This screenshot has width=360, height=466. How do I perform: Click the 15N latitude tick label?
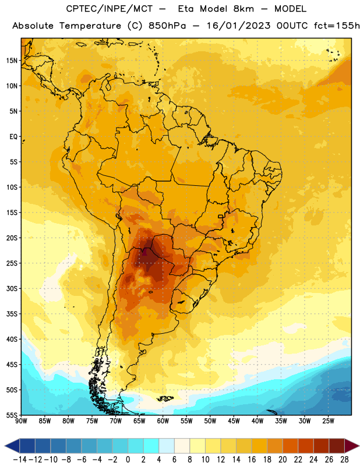pyautogui.click(x=12, y=61)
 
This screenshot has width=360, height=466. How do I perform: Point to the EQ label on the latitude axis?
pyautogui.click(x=13, y=137)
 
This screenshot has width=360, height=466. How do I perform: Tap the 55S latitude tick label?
pyautogui.click(x=12, y=415)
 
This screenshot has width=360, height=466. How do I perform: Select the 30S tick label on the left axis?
pyautogui.click(x=12, y=288)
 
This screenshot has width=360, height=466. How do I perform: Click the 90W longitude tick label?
pyautogui.click(x=22, y=421)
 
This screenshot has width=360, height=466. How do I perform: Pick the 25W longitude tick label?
pyautogui.click(x=329, y=421)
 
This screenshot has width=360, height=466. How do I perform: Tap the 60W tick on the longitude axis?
pyautogui.click(x=163, y=421)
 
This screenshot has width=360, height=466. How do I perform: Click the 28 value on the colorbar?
pyautogui.click(x=344, y=460)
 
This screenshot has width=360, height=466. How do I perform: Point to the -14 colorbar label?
pyautogui.click(x=20, y=460)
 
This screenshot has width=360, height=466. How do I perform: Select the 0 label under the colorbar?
pyautogui.click(x=128, y=460)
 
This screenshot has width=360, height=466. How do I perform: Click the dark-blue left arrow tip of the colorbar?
pyautogui.click(x=5, y=446)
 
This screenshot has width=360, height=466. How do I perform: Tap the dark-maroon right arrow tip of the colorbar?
pyautogui.click(x=358, y=446)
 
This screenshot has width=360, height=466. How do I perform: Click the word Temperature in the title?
pyautogui.click(x=90, y=26)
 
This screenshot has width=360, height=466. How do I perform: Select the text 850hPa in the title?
pyautogui.click(x=167, y=26)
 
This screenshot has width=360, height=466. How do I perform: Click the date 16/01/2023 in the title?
pyautogui.click(x=239, y=26)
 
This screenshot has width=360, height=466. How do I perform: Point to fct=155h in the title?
pyautogui.click(x=337, y=26)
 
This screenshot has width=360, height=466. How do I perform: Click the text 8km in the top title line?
pyautogui.click(x=243, y=9)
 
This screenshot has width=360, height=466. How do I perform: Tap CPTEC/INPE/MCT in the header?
pyautogui.click(x=110, y=9)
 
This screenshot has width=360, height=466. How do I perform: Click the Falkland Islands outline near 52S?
pyautogui.click(x=165, y=398)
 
